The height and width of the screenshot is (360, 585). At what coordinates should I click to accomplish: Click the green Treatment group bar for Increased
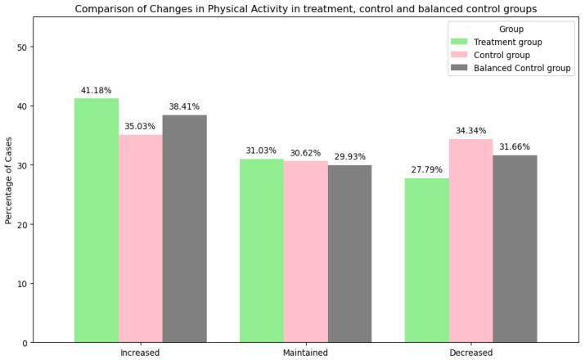pos(97,220)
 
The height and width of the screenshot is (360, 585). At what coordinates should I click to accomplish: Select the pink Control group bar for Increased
pos(141,238)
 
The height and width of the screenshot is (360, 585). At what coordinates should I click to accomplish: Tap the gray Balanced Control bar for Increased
pos(184,228)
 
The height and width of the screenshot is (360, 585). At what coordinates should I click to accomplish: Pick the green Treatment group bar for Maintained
pos(262,250)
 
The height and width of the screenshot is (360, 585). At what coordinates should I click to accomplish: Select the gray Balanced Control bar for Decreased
pos(515,249)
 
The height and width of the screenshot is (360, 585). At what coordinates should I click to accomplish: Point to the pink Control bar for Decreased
pos(470,241)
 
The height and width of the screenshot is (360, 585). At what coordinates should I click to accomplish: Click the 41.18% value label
pos(97,90)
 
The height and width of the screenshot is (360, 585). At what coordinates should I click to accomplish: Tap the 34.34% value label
pos(470,131)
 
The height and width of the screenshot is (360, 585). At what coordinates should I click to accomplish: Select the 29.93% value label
pos(349,156)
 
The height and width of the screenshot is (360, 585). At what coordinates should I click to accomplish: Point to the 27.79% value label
pos(427,169)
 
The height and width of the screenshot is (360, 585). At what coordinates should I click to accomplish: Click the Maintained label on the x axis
pos(305,353)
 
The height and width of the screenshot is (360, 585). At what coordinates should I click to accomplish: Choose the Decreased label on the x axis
pos(470,353)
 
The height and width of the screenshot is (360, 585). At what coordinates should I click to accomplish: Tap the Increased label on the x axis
pos(140,353)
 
